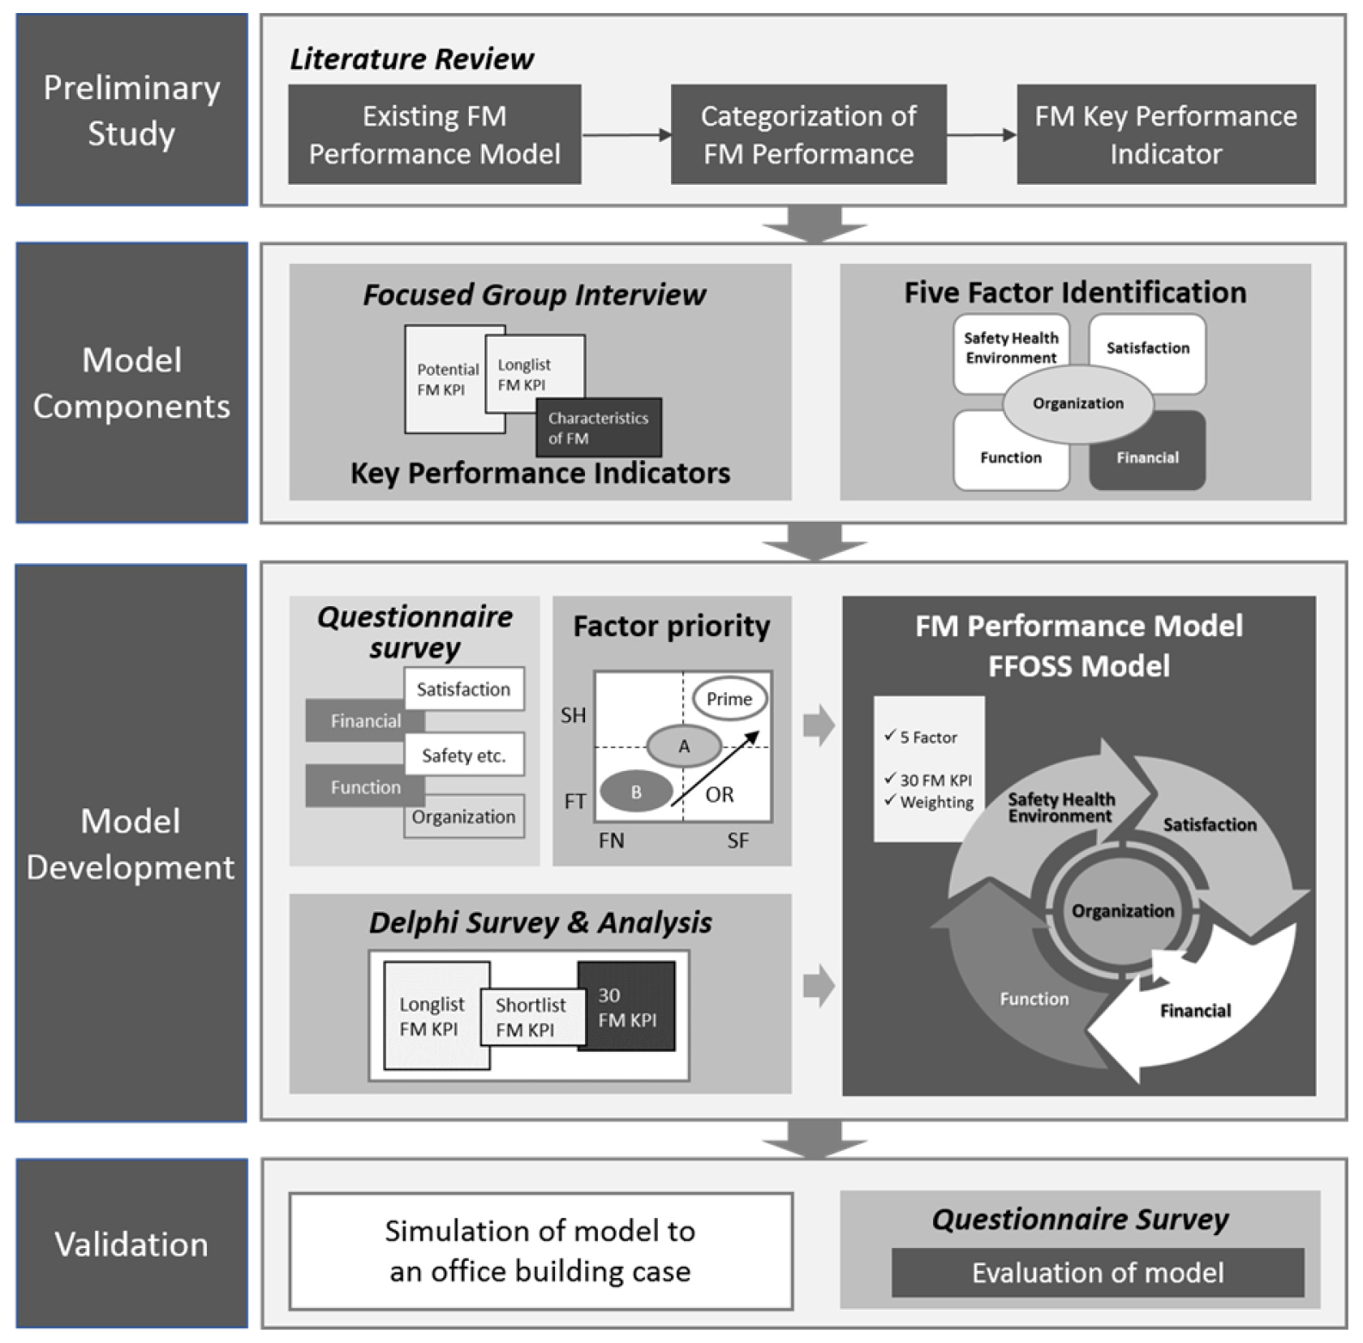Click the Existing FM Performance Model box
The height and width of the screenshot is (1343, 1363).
coord(434,135)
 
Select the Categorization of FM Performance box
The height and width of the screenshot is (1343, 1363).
coord(808,135)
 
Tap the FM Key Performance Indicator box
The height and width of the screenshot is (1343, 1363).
coord(1166,135)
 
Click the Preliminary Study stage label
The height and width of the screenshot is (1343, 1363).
coord(131,110)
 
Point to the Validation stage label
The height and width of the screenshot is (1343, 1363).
coord(131,1244)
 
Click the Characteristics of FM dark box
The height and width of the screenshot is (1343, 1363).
coord(599,428)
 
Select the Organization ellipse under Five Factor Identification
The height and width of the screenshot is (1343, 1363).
coord(1077,403)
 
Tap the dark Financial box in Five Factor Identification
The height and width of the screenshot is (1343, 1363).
coord(1147,457)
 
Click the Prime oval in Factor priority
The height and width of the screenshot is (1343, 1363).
coord(729,699)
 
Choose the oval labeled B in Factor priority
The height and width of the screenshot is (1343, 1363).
coord(636,792)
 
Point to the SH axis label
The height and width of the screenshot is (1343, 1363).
coord(573,715)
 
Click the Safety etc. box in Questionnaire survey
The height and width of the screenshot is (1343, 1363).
coord(464,755)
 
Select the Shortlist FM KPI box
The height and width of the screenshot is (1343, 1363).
coord(531,1017)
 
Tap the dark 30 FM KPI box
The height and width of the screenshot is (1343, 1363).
coord(627,1007)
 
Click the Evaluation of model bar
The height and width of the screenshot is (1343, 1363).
coord(1098,1272)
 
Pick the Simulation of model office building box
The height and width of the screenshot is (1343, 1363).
coord(540,1250)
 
